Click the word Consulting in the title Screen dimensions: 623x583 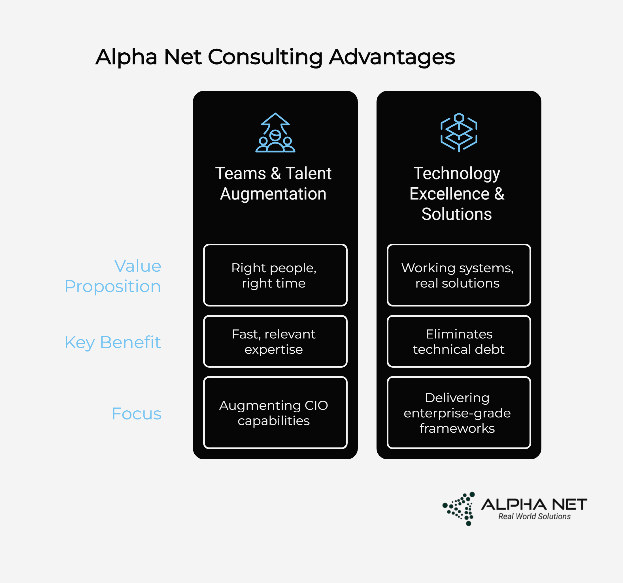click(x=265, y=57)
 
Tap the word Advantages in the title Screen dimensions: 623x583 click(x=392, y=57)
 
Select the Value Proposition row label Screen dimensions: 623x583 click(x=113, y=276)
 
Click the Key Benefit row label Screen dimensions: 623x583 click(x=112, y=342)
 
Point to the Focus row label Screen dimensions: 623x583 click(x=136, y=413)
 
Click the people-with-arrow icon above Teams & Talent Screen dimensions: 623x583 click(x=275, y=132)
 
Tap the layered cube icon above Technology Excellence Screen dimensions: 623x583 click(x=459, y=132)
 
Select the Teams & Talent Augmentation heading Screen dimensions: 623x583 click(x=273, y=183)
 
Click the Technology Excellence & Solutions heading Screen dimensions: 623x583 click(x=457, y=194)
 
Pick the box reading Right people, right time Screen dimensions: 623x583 click(x=275, y=275)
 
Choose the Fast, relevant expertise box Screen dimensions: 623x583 click(x=275, y=341)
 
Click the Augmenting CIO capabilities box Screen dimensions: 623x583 click(x=275, y=413)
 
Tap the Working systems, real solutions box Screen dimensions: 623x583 click(x=459, y=275)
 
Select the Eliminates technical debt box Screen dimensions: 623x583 click(x=459, y=341)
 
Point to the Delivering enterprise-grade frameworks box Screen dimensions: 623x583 click(x=459, y=413)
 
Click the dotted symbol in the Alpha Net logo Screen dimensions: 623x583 click(x=459, y=509)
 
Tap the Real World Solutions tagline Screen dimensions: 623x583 click(x=534, y=516)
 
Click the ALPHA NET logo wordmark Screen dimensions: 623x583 click(x=534, y=504)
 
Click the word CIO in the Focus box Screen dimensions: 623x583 click(x=316, y=406)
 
